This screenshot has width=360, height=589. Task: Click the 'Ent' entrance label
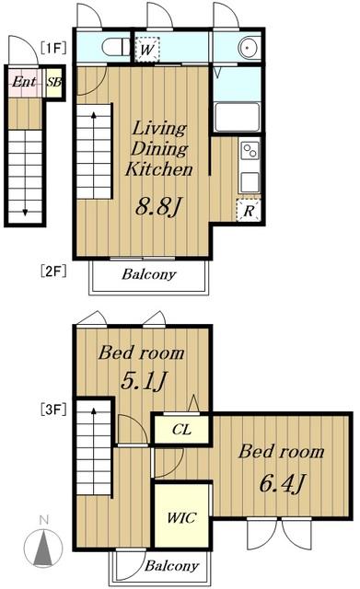click(x=24, y=82)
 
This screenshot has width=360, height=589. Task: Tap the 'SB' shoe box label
click(x=54, y=82)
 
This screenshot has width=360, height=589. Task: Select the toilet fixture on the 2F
click(x=116, y=47)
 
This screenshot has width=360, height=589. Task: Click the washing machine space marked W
click(x=147, y=49)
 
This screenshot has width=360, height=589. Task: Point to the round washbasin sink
click(x=250, y=48)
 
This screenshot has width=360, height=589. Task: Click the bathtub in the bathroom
click(x=237, y=117)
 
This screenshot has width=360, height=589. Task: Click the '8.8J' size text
click(x=158, y=206)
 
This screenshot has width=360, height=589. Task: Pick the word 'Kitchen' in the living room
click(x=159, y=169)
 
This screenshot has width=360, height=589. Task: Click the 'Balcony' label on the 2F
click(x=149, y=274)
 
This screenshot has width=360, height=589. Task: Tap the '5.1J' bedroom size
click(x=144, y=380)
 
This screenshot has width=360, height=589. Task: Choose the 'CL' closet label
click(x=181, y=430)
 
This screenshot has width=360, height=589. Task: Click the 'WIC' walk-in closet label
click(x=181, y=518)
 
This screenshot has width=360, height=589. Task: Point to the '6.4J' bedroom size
click(x=282, y=483)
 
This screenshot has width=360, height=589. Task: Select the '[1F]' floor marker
click(x=53, y=48)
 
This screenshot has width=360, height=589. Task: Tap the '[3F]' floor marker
click(x=53, y=409)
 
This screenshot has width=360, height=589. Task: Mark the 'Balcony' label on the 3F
click(x=172, y=566)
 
